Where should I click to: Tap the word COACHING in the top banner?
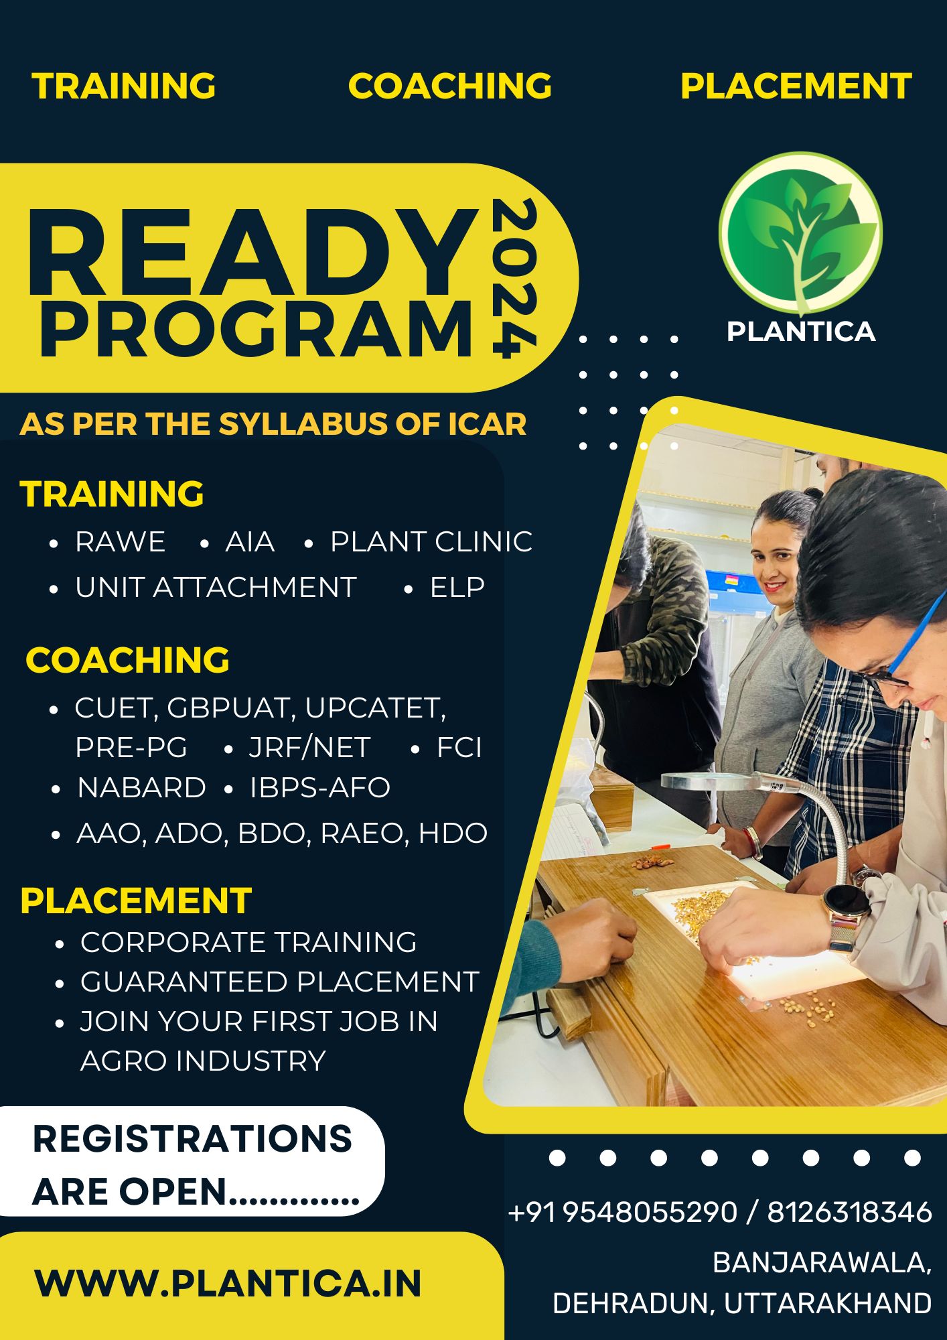tap(450, 86)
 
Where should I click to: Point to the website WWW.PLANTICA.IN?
tap(228, 1283)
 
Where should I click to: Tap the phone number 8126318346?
tap(849, 1211)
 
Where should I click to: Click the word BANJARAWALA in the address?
tap(822, 1263)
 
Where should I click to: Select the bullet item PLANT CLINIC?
tap(431, 541)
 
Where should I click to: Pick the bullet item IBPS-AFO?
tap(319, 787)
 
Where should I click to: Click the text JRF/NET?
tap(309, 747)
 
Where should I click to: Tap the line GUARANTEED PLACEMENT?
tap(279, 982)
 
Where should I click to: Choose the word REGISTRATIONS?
tap(192, 1138)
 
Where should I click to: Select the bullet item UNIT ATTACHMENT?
tap(216, 587)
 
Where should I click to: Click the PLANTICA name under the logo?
tap(801, 331)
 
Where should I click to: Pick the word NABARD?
tap(141, 787)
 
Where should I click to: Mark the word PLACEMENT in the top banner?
tap(796, 86)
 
